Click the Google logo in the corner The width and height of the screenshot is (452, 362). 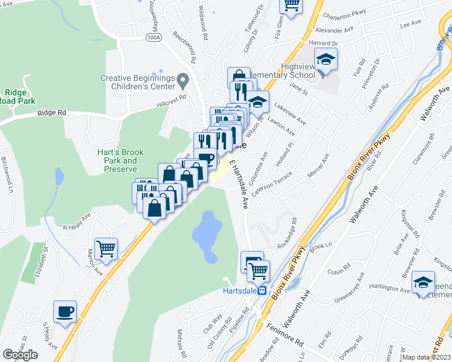click(x=20, y=355)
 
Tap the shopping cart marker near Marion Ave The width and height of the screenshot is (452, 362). click(x=106, y=248)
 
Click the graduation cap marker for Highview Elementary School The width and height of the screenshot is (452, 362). click(x=326, y=60)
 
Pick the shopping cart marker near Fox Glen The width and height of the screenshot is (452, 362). click(x=291, y=5)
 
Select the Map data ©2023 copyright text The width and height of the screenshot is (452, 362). click(x=427, y=357)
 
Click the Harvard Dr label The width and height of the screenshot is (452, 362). click(x=321, y=44)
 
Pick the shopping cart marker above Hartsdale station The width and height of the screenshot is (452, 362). click(x=258, y=270)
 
